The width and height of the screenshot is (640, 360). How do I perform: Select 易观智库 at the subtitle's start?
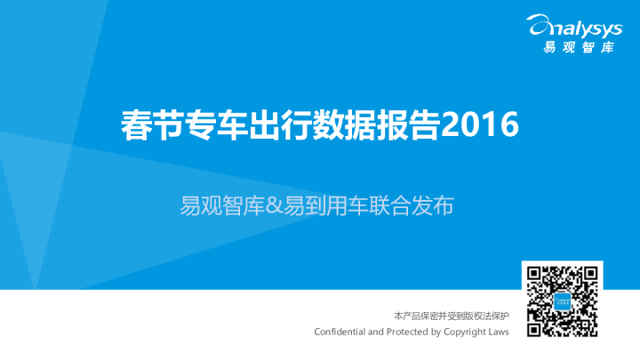[222, 205]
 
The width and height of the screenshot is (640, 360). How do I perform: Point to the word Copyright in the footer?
[465, 332]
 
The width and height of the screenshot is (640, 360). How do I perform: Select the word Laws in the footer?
[499, 332]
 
